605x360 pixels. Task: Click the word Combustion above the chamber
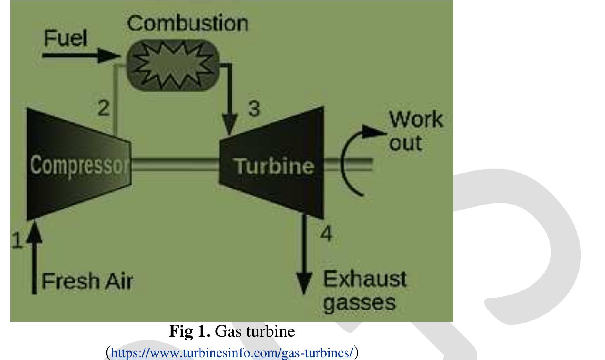click(187, 24)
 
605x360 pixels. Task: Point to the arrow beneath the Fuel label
click(79, 56)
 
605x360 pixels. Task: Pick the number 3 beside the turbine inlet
click(253, 109)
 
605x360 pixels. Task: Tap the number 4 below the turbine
click(326, 234)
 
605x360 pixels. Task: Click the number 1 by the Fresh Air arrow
click(17, 241)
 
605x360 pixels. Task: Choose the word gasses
click(359, 302)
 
